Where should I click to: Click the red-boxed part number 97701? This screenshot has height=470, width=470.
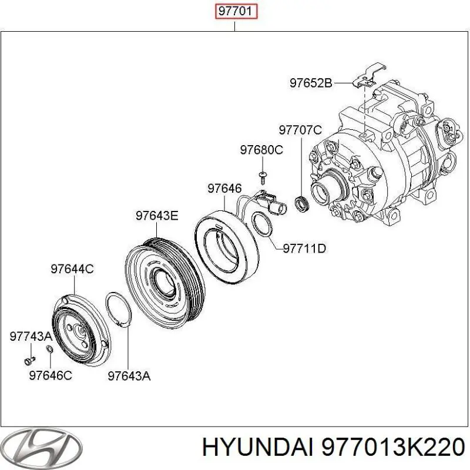click(x=236, y=12)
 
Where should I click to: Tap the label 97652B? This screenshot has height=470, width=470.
click(x=311, y=83)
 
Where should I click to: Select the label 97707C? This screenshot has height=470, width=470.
click(x=300, y=129)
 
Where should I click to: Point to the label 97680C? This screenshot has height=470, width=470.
click(x=261, y=150)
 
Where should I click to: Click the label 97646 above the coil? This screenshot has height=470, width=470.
click(x=224, y=189)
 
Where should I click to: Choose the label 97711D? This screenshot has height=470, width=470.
click(x=304, y=249)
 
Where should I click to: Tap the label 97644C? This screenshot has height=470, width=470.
click(x=72, y=269)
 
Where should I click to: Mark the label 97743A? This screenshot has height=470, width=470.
click(x=31, y=336)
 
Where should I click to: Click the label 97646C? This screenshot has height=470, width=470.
click(x=51, y=375)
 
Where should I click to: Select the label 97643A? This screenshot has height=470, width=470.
click(x=129, y=375)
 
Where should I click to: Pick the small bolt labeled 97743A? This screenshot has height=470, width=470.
click(x=29, y=357)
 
